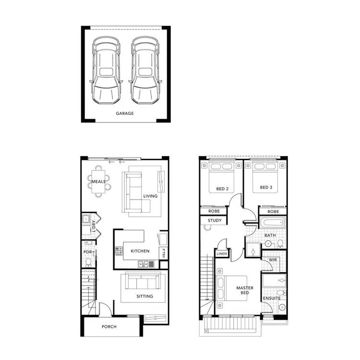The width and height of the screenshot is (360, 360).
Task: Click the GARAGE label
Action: [x=125, y=114]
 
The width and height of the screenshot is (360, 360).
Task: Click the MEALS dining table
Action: [x=99, y=182]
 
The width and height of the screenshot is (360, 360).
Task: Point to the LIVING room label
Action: [x=150, y=196]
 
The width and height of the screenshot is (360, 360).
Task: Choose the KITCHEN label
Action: [x=140, y=251]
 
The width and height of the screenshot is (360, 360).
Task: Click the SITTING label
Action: [x=144, y=296]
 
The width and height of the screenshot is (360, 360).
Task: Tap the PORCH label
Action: [x=109, y=327]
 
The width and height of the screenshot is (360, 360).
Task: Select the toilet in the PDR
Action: [x=88, y=263]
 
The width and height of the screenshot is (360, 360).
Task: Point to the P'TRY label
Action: [x=163, y=253]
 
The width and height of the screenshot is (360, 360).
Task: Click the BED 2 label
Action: [x=222, y=188]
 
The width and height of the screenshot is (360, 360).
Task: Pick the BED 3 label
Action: [x=266, y=188]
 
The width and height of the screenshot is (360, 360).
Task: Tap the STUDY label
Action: [x=214, y=221]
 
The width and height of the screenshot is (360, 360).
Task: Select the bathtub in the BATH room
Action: [x=273, y=223]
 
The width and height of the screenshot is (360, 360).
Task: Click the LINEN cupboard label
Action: [x=222, y=253]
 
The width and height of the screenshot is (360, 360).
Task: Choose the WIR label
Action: [x=273, y=260]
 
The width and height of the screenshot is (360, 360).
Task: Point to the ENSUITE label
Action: [x=271, y=299]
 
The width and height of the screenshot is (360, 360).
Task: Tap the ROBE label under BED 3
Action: [x=273, y=211]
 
